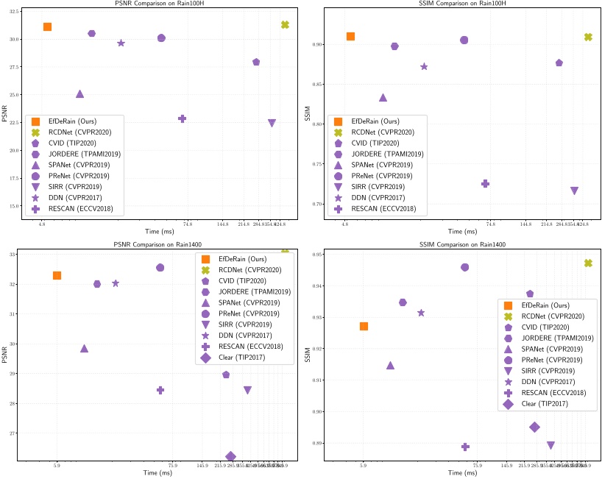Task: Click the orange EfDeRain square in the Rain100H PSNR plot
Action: coord(47,27)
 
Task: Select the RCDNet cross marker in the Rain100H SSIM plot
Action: coord(588,37)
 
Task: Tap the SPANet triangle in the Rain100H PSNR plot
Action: coord(79,93)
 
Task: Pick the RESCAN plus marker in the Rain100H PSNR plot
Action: coord(182,118)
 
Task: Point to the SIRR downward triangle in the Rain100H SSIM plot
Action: coord(574,191)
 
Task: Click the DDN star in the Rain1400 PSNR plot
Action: coord(116,283)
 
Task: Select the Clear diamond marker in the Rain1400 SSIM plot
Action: coord(534,427)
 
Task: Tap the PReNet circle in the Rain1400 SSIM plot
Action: coord(464,267)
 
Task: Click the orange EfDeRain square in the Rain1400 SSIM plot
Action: coord(364,326)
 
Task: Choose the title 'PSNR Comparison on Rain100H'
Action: coord(151,4)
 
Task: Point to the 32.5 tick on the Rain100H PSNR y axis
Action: coord(15,13)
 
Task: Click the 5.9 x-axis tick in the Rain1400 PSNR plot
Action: coord(57,464)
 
